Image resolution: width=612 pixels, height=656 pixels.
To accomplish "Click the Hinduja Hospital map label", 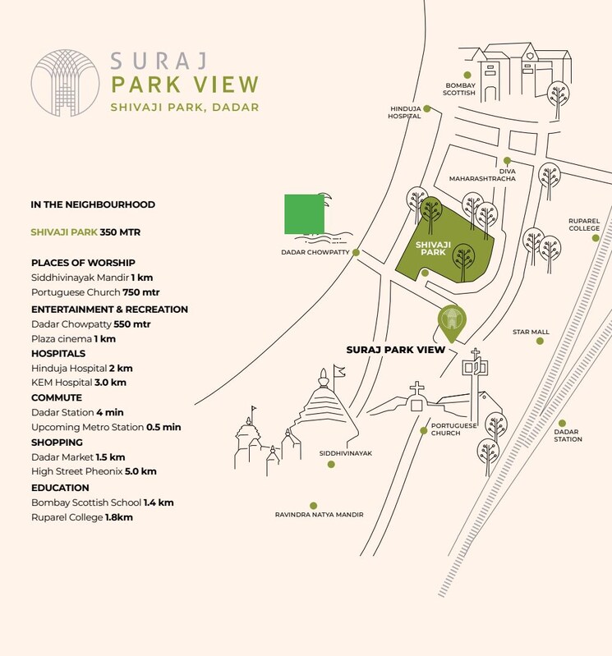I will point(404,112).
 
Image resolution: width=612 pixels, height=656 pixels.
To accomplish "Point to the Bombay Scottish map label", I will point(459,89).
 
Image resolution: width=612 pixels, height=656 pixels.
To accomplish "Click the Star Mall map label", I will point(531,333).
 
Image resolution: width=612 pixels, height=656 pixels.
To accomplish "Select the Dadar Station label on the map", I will point(568,435).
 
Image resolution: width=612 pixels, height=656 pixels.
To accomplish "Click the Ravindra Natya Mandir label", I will point(319,515).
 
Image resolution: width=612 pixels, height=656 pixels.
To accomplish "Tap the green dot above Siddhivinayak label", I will point(331,464).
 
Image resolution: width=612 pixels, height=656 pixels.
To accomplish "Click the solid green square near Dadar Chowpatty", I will point(303,214).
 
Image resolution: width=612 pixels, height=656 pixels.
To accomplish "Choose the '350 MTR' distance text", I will point(120,232).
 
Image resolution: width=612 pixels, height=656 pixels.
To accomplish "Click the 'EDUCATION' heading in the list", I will point(60,488).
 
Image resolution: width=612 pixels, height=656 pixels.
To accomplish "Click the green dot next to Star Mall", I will point(540,340).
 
